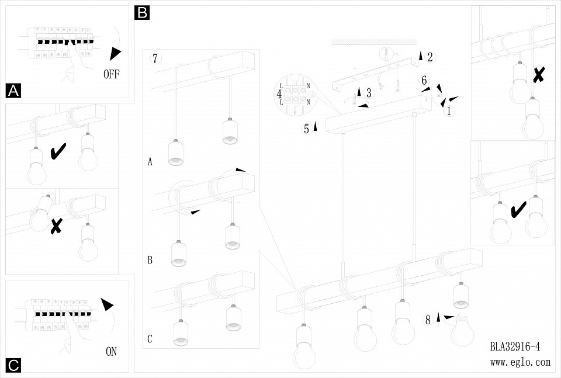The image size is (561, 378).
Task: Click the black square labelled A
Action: click(x=13, y=91)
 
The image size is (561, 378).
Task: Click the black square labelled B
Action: click(x=142, y=13)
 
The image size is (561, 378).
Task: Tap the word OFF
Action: click(x=115, y=74)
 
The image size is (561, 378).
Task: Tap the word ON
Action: click(x=111, y=351)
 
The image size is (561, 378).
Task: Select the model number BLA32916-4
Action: click(x=515, y=346)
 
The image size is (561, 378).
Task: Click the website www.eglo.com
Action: click(x=520, y=362)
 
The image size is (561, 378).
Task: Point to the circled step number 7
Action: click(x=154, y=58)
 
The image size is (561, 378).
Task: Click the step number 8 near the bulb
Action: click(x=428, y=320)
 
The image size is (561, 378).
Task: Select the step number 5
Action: click(x=306, y=130)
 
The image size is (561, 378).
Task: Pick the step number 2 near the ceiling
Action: click(x=430, y=57)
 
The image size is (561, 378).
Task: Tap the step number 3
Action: click(x=369, y=93)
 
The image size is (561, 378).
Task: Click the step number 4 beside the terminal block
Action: click(x=279, y=93)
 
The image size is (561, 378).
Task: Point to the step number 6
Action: click(x=425, y=81)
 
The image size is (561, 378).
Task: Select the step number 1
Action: click(x=449, y=111)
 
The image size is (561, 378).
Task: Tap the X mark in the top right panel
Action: click(x=539, y=74)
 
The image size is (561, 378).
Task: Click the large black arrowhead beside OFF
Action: click(x=115, y=53)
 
